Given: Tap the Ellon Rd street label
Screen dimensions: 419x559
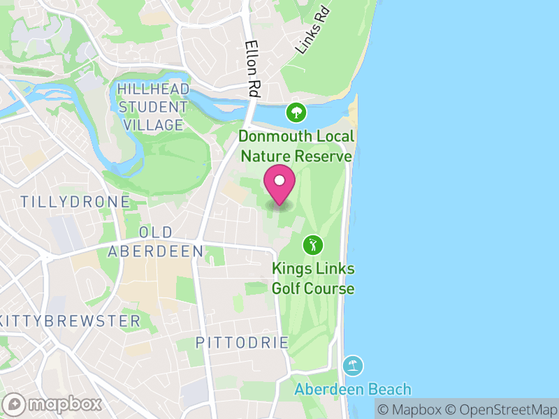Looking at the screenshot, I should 252,68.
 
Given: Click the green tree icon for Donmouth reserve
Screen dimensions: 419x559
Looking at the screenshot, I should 296,112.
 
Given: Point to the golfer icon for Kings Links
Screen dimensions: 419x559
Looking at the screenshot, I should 312,244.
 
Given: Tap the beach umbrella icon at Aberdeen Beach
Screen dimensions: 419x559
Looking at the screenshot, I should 353,365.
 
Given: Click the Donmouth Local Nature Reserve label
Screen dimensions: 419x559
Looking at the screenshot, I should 297,146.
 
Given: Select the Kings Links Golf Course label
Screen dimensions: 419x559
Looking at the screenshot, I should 312,279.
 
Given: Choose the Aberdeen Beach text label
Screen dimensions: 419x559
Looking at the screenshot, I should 352,389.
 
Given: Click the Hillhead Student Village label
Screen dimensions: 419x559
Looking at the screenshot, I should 152,107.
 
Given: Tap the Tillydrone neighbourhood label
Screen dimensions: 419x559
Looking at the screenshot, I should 75,202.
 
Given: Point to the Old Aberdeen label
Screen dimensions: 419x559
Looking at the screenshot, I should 155,242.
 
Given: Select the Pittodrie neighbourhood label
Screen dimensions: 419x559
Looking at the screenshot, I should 242,343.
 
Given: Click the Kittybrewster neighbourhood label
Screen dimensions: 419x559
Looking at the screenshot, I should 71,321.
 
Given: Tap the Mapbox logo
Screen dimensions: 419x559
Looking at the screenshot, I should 54,404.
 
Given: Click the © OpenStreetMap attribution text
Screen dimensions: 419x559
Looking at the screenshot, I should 501,409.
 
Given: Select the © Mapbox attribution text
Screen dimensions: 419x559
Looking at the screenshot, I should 411,409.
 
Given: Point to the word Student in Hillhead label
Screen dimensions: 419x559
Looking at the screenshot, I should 152,108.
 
